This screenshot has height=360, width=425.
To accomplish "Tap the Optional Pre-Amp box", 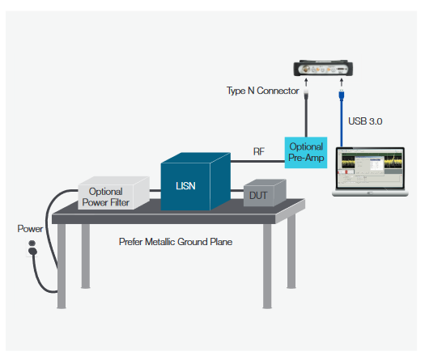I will click(x=305, y=152).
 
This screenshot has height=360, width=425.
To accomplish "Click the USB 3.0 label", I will click(x=364, y=121).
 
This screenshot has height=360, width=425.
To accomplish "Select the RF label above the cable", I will click(x=259, y=150).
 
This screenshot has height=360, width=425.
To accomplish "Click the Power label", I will click(x=30, y=229).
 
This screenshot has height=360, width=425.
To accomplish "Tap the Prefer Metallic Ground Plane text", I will click(x=176, y=241).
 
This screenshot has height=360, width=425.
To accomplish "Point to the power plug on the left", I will click(x=32, y=247).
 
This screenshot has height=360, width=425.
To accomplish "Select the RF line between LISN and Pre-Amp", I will click(x=259, y=159).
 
